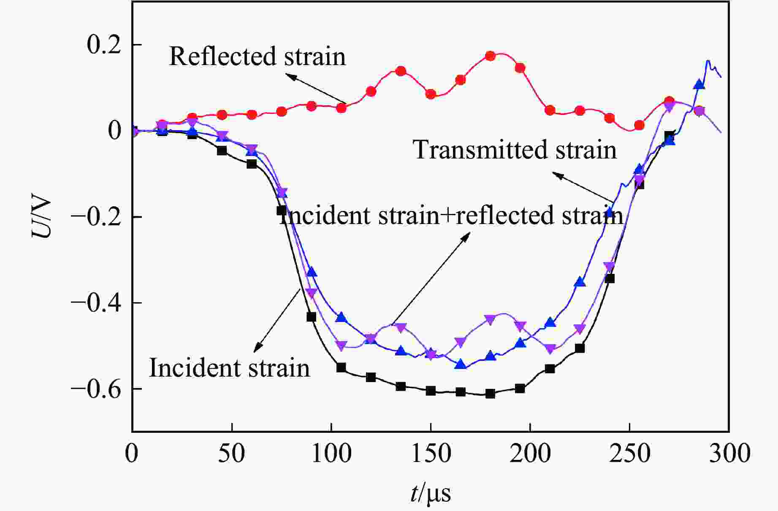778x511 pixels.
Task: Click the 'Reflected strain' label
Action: coord(257,56)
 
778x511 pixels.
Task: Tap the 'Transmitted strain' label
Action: coord(515,150)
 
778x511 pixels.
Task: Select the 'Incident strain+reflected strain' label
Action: coord(451,215)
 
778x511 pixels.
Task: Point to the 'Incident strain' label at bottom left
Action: coord(230,368)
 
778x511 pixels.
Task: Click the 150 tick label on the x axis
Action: coord(431,453)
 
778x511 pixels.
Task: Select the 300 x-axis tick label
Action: coord(729,453)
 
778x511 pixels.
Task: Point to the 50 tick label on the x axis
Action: coord(232,453)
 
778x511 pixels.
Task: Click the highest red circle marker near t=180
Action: coord(490,56)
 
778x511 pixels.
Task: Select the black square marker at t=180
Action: coord(490,393)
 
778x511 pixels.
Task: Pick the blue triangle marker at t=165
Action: coord(461,364)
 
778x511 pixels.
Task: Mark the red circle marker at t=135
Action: coord(401,71)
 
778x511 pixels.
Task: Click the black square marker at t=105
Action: coord(341,367)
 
